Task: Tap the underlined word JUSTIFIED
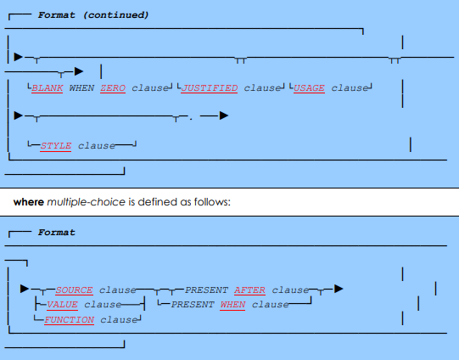(x=210, y=87)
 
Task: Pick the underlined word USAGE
(x=310, y=87)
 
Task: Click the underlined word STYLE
(x=56, y=145)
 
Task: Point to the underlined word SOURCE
(x=74, y=290)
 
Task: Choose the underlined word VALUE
(x=62, y=304)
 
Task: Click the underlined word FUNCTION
(x=70, y=319)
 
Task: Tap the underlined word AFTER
(x=250, y=290)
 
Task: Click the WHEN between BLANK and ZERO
(x=81, y=87)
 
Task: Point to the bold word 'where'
(x=28, y=201)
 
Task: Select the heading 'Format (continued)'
(x=93, y=14)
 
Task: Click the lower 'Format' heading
(x=56, y=232)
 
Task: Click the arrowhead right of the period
(x=223, y=115)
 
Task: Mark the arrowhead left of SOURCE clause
(x=25, y=290)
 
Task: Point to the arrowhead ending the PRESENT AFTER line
(x=339, y=290)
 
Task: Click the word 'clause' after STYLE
(x=96, y=145)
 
